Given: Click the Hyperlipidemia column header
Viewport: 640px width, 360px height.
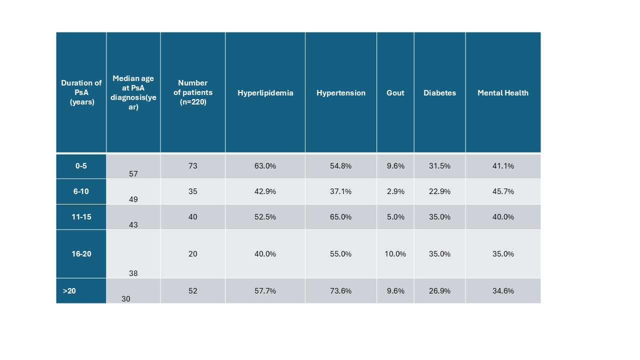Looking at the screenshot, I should click(x=265, y=93).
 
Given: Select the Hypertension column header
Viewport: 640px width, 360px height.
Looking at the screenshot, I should click(x=341, y=93).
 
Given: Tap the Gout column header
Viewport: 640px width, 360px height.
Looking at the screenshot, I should click(x=395, y=93).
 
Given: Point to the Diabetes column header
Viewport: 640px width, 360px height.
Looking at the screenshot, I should click(x=439, y=93).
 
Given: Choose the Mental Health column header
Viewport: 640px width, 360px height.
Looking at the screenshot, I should click(x=502, y=93).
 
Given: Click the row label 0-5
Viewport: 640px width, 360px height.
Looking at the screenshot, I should click(x=81, y=166).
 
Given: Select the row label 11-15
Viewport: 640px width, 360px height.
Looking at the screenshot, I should click(x=81, y=217).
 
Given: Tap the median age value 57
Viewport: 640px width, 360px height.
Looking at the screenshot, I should click(x=133, y=174).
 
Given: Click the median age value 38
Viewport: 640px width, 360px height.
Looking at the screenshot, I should click(x=133, y=273).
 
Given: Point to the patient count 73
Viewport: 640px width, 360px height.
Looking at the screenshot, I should click(x=192, y=166).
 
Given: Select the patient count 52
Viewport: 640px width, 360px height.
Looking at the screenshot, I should click(x=192, y=291).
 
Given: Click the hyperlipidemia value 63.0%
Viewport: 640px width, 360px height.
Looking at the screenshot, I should click(x=265, y=166).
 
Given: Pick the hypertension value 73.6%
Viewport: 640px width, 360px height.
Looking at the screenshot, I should click(x=341, y=291).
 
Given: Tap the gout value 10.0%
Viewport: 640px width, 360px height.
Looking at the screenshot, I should click(x=395, y=254).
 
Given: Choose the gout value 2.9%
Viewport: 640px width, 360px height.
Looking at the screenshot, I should click(x=395, y=191).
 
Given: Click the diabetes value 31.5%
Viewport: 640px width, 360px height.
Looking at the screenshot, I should click(x=439, y=166).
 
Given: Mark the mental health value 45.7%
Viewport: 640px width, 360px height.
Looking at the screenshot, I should click(x=502, y=191).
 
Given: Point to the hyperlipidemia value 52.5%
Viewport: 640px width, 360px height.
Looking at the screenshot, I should click(x=265, y=217).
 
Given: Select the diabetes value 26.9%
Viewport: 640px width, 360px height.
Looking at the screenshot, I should click(x=439, y=291).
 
